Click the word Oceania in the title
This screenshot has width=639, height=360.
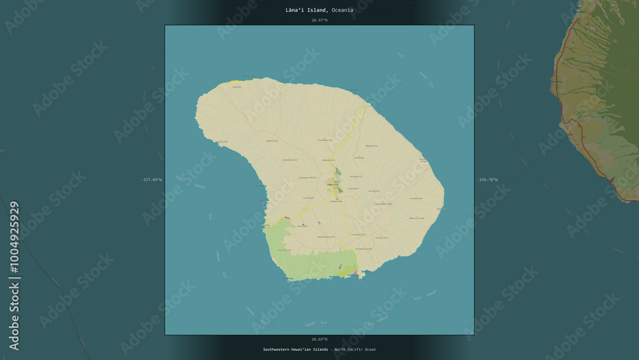(x=342, y=10)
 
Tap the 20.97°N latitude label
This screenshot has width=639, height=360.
(x=319, y=20)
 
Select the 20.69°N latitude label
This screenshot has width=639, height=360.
(x=319, y=339)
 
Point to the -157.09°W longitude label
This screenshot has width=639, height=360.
(x=152, y=180)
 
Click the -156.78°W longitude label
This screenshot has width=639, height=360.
(x=487, y=180)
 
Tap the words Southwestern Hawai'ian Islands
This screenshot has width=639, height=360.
(x=295, y=350)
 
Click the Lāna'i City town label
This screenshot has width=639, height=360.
(x=333, y=185)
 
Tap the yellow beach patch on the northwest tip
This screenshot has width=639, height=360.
(x=228, y=83)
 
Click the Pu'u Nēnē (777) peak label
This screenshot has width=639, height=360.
(x=353, y=176)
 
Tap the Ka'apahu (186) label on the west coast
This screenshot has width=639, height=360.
(x=220, y=141)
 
